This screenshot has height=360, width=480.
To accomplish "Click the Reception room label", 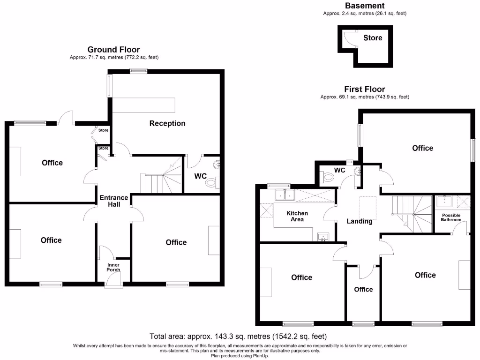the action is pyautogui.click(x=167, y=123).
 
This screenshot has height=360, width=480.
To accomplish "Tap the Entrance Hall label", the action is pyautogui.click(x=114, y=201).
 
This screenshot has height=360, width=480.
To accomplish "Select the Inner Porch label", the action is pyautogui.click(x=113, y=267).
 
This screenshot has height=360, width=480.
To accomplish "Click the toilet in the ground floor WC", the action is pyautogui.click(x=212, y=183).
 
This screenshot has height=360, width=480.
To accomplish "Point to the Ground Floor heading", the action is pyautogui.click(x=113, y=50).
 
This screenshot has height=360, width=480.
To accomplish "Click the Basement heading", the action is pyautogui.click(x=365, y=6).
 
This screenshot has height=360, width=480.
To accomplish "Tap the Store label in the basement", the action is pyautogui.click(x=373, y=37).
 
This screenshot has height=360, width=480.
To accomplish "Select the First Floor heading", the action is pyautogui.click(x=364, y=89).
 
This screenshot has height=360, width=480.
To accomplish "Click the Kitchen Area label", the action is pyautogui.click(x=297, y=216).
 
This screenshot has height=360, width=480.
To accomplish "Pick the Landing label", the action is pyautogui.click(x=360, y=221).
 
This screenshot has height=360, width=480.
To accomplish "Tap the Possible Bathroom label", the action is pyautogui.click(x=451, y=217).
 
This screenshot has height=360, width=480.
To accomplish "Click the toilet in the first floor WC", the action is pyautogui.click(x=327, y=177).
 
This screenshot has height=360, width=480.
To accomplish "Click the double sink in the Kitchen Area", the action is pyautogui.click(x=285, y=195).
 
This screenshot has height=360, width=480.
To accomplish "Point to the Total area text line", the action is pyautogui.click(x=238, y=337).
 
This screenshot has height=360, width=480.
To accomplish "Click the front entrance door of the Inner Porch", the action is pyautogui.click(x=114, y=280).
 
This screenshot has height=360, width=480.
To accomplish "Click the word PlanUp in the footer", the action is pyautogui.click(x=260, y=356).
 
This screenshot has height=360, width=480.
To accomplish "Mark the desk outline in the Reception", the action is pyautogui.click(x=144, y=105).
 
